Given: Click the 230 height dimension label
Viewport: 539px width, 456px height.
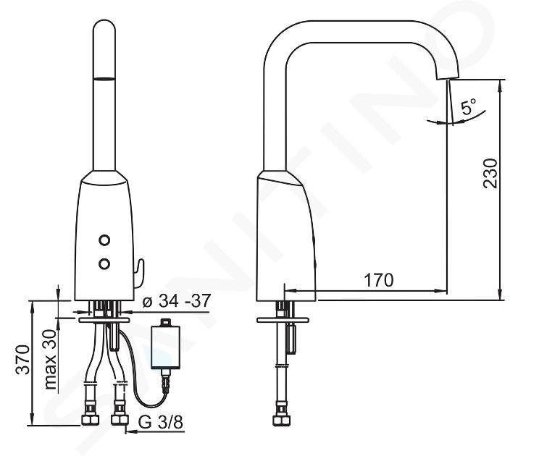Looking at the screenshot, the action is coord(490,173).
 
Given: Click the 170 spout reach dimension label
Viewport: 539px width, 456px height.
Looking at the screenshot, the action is coord(378,280).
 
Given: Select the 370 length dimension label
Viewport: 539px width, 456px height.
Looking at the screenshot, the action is coord(23,360).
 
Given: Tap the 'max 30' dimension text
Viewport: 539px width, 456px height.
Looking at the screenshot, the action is coord(50,359).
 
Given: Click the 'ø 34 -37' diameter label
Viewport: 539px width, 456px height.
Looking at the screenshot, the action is coord(176,301).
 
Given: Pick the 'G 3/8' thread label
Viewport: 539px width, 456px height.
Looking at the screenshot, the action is coord(161,422).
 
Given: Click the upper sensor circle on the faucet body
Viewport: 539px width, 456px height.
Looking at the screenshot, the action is coord(104,240).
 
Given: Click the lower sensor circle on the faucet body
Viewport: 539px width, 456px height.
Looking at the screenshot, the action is coord(104,263).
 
